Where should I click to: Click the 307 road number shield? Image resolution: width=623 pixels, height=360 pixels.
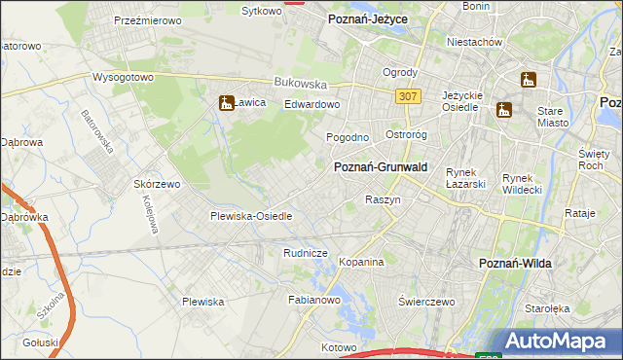[x=409, y=96]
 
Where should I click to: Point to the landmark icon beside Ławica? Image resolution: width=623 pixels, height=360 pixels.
[x=226, y=101]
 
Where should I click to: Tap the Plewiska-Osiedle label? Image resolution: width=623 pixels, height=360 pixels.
[x=251, y=216]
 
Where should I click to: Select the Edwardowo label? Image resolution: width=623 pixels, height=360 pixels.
[x=312, y=104]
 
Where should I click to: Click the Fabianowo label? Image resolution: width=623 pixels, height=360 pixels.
[x=312, y=301]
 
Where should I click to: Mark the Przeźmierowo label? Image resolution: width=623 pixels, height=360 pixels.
[x=150, y=19]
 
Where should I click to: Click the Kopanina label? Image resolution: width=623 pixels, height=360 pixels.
[x=362, y=263]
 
